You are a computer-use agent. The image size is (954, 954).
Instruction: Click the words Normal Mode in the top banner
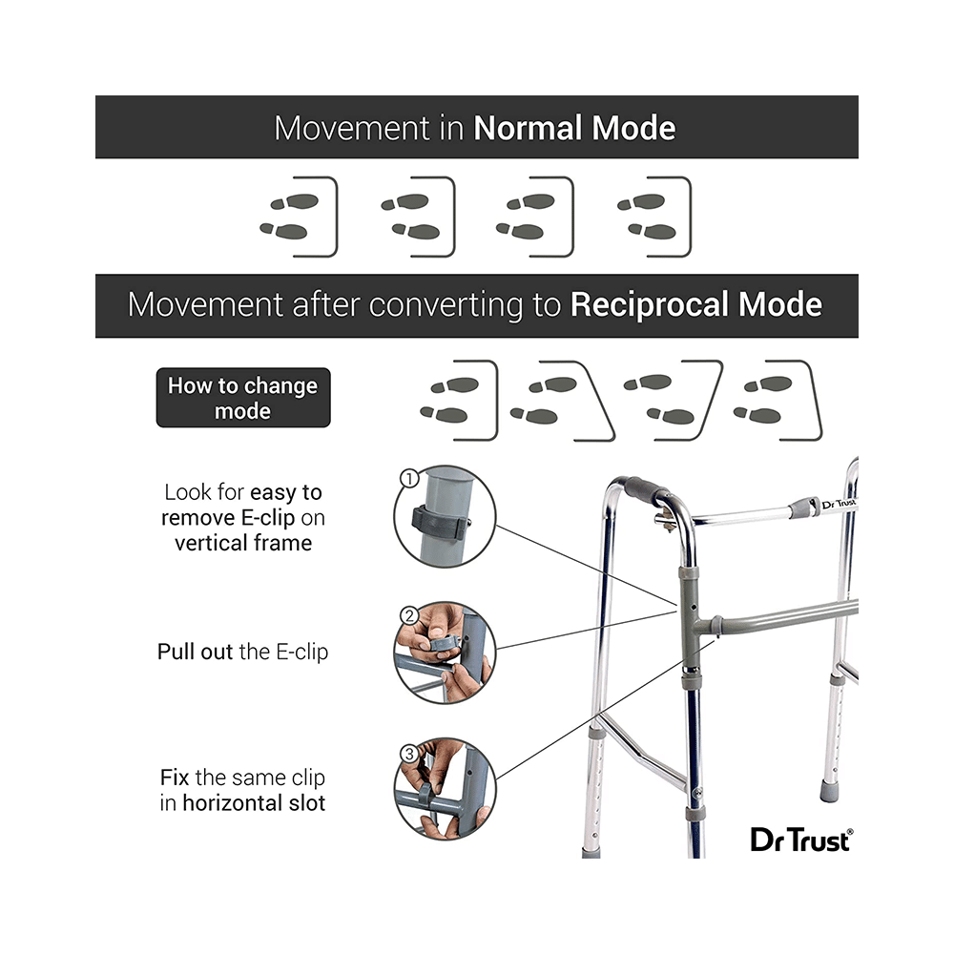574,128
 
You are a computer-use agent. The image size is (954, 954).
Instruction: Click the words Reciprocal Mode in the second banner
695,305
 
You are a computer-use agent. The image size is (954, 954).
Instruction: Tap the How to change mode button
242,398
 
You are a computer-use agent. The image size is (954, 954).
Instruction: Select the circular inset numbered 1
445,516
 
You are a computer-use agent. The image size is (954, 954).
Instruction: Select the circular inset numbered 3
445,788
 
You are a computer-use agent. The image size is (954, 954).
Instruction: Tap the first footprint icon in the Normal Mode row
299,217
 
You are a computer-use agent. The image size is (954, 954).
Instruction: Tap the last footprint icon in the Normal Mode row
653,217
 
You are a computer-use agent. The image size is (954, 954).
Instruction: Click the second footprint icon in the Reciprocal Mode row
558,401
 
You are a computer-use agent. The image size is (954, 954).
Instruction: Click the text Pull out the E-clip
242,653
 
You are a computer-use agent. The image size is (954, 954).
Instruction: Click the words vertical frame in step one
242,543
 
